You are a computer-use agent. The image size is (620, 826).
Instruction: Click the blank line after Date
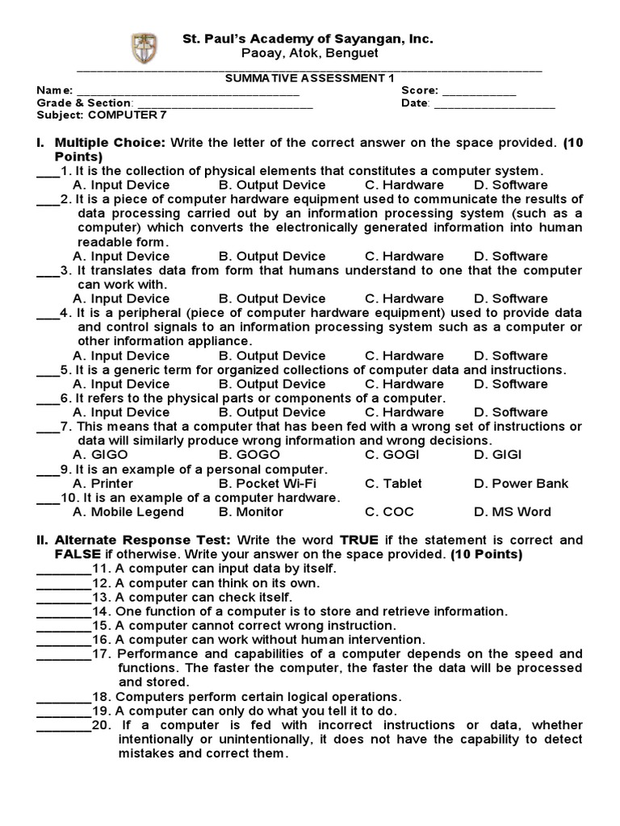[494, 104]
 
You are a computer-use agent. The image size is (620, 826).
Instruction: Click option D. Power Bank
[522, 484]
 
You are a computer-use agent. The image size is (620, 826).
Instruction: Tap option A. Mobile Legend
[128, 512]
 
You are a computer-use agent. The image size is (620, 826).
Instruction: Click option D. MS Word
[512, 512]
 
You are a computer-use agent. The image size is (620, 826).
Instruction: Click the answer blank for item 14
[64, 611]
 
